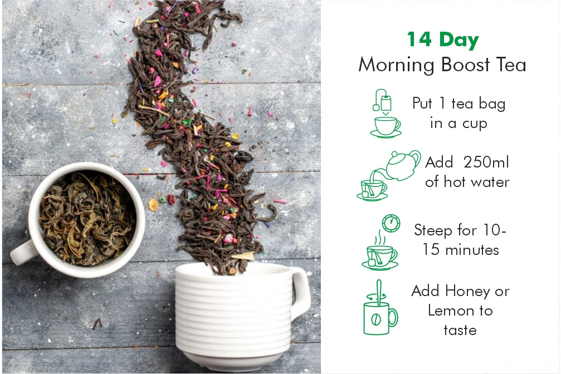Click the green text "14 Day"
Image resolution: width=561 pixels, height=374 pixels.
442,40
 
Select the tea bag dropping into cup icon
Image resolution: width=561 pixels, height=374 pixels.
386,114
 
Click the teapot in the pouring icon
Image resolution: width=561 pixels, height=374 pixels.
403,165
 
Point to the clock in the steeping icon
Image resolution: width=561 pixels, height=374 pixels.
391,223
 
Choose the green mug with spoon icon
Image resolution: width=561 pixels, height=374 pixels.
380,308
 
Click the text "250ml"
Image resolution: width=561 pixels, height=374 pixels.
486,162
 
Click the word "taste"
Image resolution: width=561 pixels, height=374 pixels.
460,329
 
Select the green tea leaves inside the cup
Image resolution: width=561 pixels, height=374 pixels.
87,218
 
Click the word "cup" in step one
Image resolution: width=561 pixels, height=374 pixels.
475,124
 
